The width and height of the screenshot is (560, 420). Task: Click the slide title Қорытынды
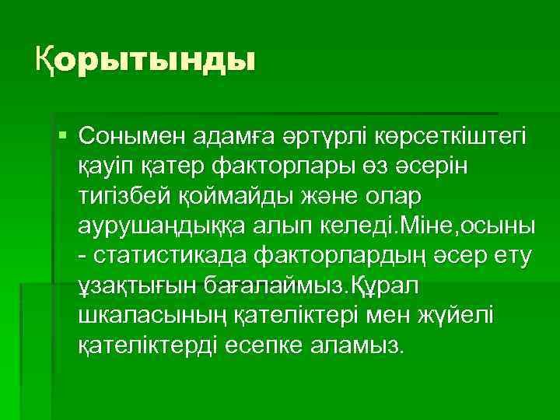145,60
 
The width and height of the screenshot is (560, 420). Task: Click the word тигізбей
124,198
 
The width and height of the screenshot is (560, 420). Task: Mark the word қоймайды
229,198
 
